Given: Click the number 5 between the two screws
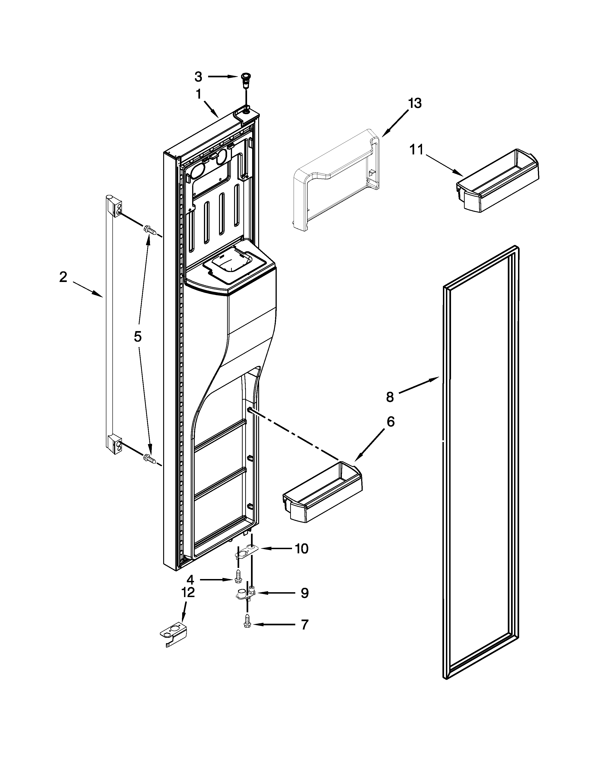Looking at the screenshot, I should tap(138, 337).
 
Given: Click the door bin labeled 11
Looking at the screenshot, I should tap(497, 182).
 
